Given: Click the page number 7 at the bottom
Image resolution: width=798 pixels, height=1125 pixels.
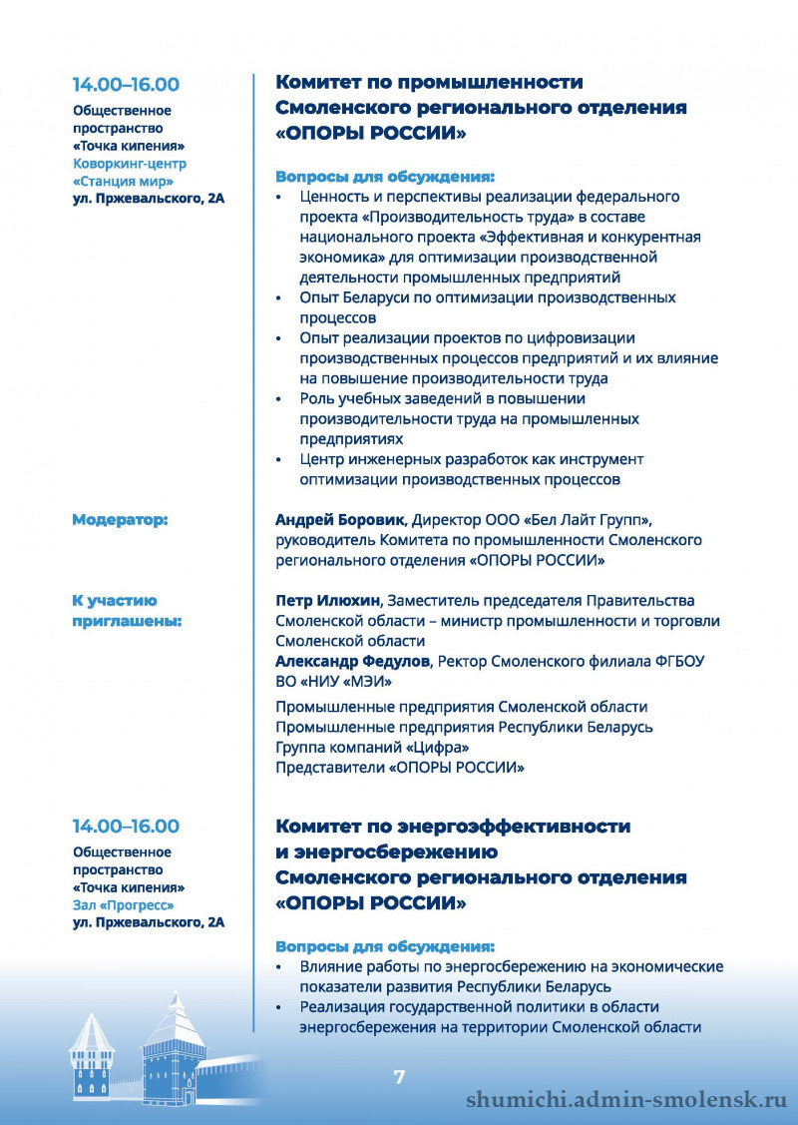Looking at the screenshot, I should (x=399, y=1077).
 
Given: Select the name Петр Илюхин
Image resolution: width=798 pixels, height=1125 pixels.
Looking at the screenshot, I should (x=326, y=601).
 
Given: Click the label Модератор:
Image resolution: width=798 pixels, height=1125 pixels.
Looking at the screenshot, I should (x=120, y=520).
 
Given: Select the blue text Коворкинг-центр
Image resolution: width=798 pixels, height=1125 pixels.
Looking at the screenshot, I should (x=130, y=163).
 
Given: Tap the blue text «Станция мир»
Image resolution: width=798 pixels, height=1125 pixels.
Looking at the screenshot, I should (x=124, y=181).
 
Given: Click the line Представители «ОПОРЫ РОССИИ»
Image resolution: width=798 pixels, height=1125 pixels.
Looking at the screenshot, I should (x=400, y=767).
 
